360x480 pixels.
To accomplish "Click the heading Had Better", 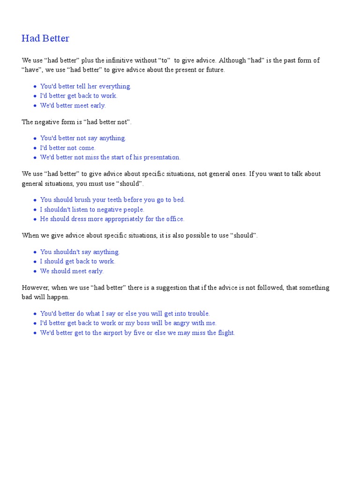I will click(x=45, y=38).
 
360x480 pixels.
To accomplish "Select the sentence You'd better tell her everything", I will click(x=86, y=86).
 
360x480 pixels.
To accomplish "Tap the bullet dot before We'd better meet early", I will click(x=35, y=106).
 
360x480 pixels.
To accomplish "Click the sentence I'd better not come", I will click(x=67, y=148).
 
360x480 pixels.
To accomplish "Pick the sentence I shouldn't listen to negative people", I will click(x=92, y=210).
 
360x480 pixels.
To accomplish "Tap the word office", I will click(x=174, y=219).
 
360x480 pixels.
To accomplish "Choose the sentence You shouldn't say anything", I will click(x=80, y=252).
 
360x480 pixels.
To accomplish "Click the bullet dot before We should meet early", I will click(x=35, y=271).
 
